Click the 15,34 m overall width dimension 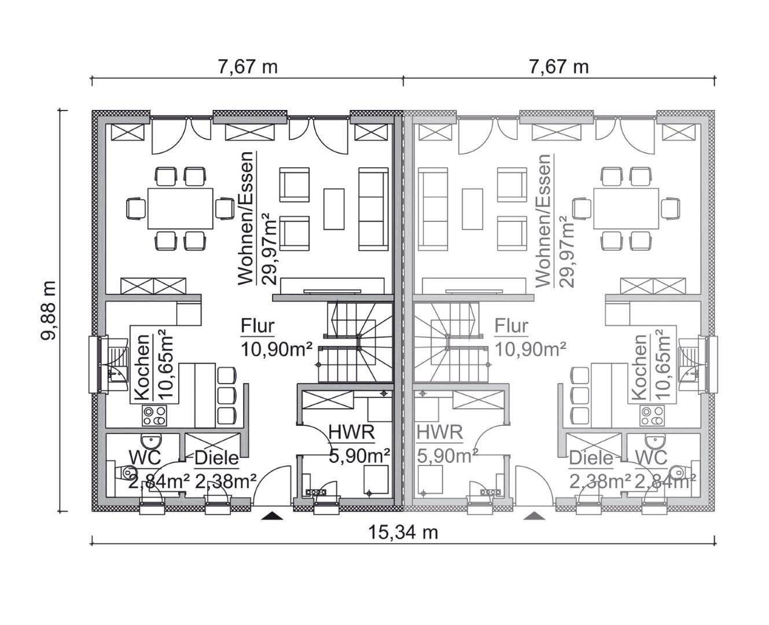403,532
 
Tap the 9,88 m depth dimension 49,311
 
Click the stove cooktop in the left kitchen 154,416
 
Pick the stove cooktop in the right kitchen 652,416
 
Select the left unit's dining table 180,208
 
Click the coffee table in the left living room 334,209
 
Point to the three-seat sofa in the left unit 373,209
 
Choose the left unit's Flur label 257,326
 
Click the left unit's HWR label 352,432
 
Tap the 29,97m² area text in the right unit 566,251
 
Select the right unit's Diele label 591,458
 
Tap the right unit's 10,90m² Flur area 529,349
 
